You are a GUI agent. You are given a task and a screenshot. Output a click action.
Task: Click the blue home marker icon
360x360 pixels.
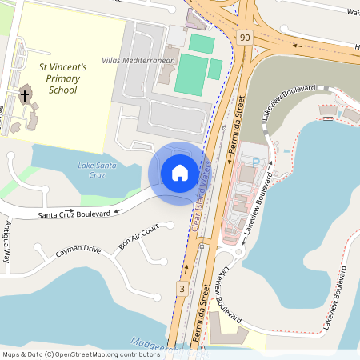180,172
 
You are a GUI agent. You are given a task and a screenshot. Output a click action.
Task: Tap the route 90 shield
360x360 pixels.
244,37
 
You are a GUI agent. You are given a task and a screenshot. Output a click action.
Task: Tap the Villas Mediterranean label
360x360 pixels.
139,61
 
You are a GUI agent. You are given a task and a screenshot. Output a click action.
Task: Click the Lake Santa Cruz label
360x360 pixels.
86,170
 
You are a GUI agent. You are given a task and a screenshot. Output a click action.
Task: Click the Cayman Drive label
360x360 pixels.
78,250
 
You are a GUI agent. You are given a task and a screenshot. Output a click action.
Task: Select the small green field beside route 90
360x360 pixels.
215,70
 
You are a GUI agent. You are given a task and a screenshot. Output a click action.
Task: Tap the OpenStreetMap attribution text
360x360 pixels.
80,354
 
